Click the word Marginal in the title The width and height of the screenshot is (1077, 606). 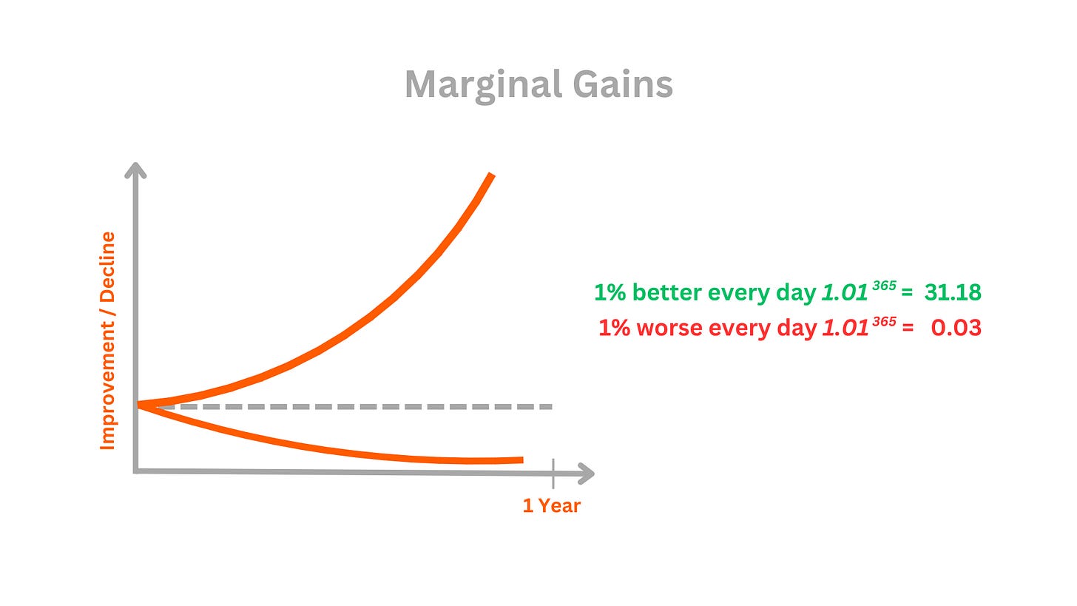pos(483,86)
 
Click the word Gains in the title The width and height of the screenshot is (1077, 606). pos(623,84)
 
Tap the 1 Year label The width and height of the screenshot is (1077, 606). pos(552,506)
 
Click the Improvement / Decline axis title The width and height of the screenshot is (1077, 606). pos(107,341)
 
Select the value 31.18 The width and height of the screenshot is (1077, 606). pos(953,292)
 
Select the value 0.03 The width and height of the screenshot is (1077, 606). pos(956,328)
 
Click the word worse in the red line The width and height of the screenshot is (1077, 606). pos(669,328)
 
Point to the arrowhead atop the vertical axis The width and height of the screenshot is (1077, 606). pos(135,170)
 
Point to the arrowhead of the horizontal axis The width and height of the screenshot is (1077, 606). pos(586,474)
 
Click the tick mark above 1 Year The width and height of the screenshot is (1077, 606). pos(553,474)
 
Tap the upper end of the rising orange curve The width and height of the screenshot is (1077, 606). pos(491,174)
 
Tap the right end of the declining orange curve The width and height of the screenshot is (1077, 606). pos(522,460)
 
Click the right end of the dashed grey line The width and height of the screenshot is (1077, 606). pos(551,407)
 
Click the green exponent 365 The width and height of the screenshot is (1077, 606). pos(884,286)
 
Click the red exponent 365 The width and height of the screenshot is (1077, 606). pos(884,321)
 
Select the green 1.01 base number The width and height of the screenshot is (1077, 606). pos(845,293)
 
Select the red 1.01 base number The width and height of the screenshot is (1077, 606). pos(845,329)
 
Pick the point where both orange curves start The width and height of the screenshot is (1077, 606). pos(139,405)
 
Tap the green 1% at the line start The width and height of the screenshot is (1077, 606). pos(610,292)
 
